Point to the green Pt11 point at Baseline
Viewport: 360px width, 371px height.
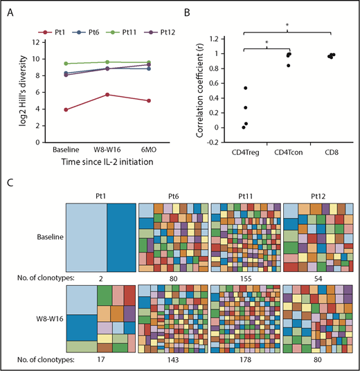(x=64, y=64)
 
